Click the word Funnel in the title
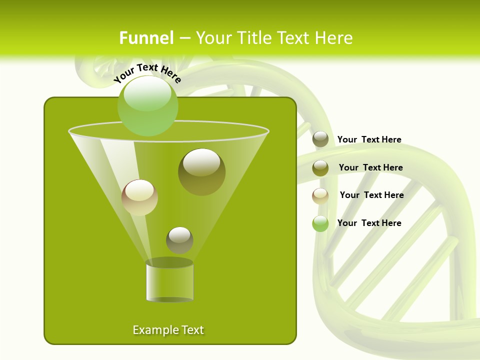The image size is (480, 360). [146, 38]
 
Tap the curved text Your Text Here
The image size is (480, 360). [147, 72]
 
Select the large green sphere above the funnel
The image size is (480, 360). [147, 105]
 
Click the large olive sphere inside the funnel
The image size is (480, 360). [201, 171]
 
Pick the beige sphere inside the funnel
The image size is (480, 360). [139, 197]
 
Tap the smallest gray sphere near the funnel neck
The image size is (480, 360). [179, 240]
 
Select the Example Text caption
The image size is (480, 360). [168, 330]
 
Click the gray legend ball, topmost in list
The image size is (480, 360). [320, 139]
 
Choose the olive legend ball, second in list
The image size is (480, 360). [320, 168]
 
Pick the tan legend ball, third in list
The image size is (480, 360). [320, 196]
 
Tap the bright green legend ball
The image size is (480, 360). [320, 223]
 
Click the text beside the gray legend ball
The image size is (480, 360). [369, 140]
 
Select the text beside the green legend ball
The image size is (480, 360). [369, 223]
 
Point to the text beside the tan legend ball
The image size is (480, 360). [371, 195]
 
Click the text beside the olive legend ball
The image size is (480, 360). [370, 167]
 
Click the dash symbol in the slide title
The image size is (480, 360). [184, 38]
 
